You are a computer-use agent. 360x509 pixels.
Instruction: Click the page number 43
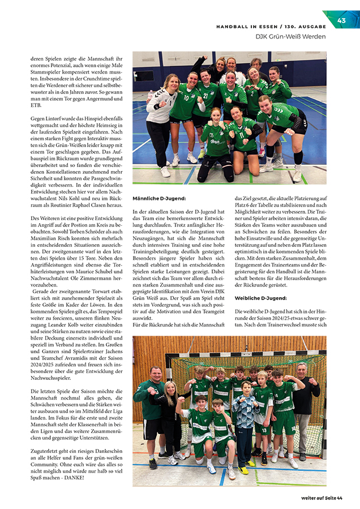click(x=341, y=21)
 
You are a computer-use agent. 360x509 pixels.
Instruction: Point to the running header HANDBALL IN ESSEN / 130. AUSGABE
click(x=271, y=27)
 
